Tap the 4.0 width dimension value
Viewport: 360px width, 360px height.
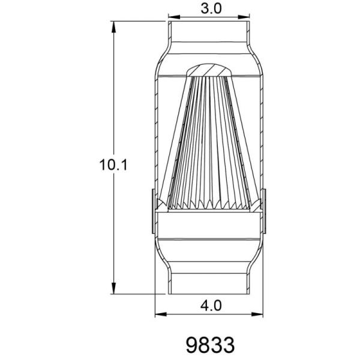click(210, 305)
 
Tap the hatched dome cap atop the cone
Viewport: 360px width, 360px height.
click(209, 70)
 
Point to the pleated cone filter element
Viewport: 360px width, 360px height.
click(209, 144)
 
